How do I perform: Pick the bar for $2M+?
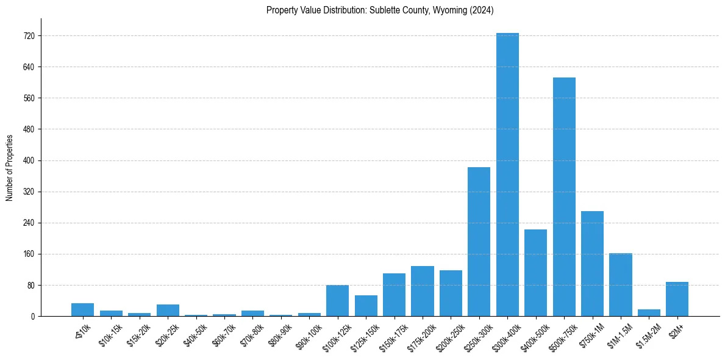pyautogui.click(x=677, y=299)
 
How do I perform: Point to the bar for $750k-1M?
pyautogui.click(x=592, y=264)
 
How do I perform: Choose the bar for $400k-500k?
pyautogui.click(x=535, y=273)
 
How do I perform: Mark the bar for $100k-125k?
pyautogui.click(x=337, y=301)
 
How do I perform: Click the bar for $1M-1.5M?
pyautogui.click(x=621, y=284)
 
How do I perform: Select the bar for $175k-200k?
pyautogui.click(x=423, y=291)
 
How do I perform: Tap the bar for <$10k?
pyautogui.click(x=82, y=310)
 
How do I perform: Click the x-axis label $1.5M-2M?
pyautogui.click(x=646, y=334)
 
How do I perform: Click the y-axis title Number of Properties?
pyautogui.click(x=9, y=167)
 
